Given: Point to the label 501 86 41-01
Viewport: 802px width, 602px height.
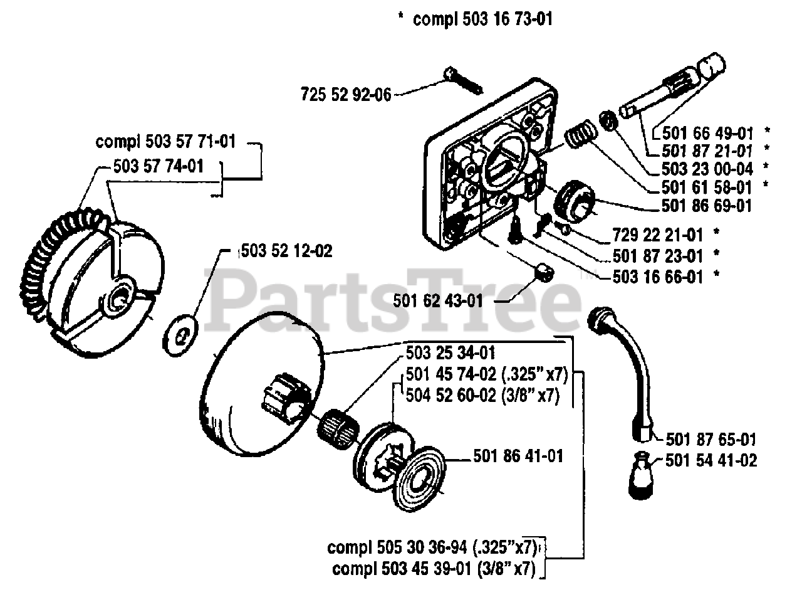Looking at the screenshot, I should (518, 456).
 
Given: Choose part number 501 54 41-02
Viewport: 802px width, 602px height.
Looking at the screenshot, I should (711, 461).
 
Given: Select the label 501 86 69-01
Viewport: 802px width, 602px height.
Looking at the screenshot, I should (707, 205).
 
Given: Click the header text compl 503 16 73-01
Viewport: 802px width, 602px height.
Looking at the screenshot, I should (482, 19).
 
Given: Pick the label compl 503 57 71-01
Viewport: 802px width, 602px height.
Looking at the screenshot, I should (165, 142).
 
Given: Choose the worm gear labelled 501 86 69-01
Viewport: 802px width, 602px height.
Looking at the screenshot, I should (573, 201).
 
